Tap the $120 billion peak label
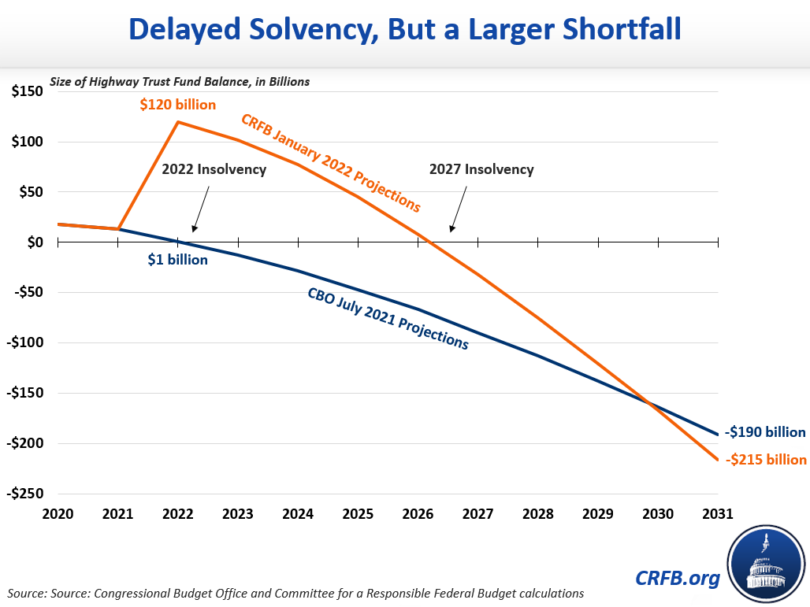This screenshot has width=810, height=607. tap(178, 104)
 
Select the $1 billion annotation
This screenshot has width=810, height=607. tap(177, 259)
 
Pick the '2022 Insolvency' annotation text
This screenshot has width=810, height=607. tap(214, 169)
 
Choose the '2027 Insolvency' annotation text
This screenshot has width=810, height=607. tap(481, 169)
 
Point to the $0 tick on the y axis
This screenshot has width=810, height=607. tap(34, 242)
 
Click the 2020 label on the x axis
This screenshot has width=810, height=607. tap(58, 514)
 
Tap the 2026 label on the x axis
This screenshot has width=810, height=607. tap(418, 514)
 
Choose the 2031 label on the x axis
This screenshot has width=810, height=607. tap(718, 514)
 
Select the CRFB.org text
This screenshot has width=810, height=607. tap(678, 579)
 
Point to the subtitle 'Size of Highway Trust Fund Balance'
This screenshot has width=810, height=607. tap(180, 81)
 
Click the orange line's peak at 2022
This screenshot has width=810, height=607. tap(178, 122)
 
